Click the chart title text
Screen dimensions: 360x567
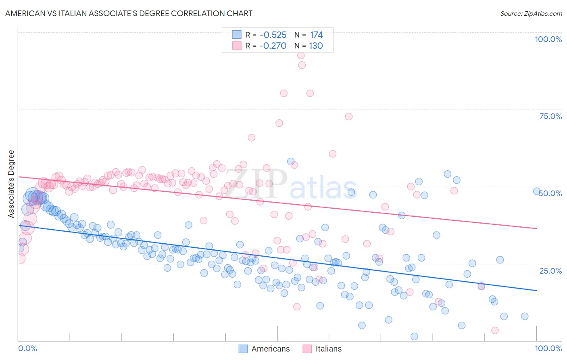click(129, 14)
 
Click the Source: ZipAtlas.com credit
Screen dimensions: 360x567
click(531, 14)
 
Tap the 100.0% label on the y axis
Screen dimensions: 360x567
click(548, 39)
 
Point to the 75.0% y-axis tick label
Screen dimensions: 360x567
click(550, 116)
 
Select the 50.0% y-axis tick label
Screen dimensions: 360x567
click(550, 193)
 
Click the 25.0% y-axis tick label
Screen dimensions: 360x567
click(550, 270)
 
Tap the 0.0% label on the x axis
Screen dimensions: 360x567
click(27, 348)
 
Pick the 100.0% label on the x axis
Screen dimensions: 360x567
click(548, 348)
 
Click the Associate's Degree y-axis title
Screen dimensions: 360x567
click(11, 184)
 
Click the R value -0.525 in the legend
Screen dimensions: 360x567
click(273, 35)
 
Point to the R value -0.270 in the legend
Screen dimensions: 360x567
click(273, 46)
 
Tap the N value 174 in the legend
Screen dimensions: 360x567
click(316, 35)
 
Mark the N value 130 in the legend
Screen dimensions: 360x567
click(316, 46)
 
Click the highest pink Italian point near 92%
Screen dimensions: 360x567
click(301, 56)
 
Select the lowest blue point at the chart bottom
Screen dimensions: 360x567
click(414, 337)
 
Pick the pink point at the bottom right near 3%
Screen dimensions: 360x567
click(495, 331)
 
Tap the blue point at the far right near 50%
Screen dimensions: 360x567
click(537, 191)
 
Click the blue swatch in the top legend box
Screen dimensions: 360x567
click(237, 35)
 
